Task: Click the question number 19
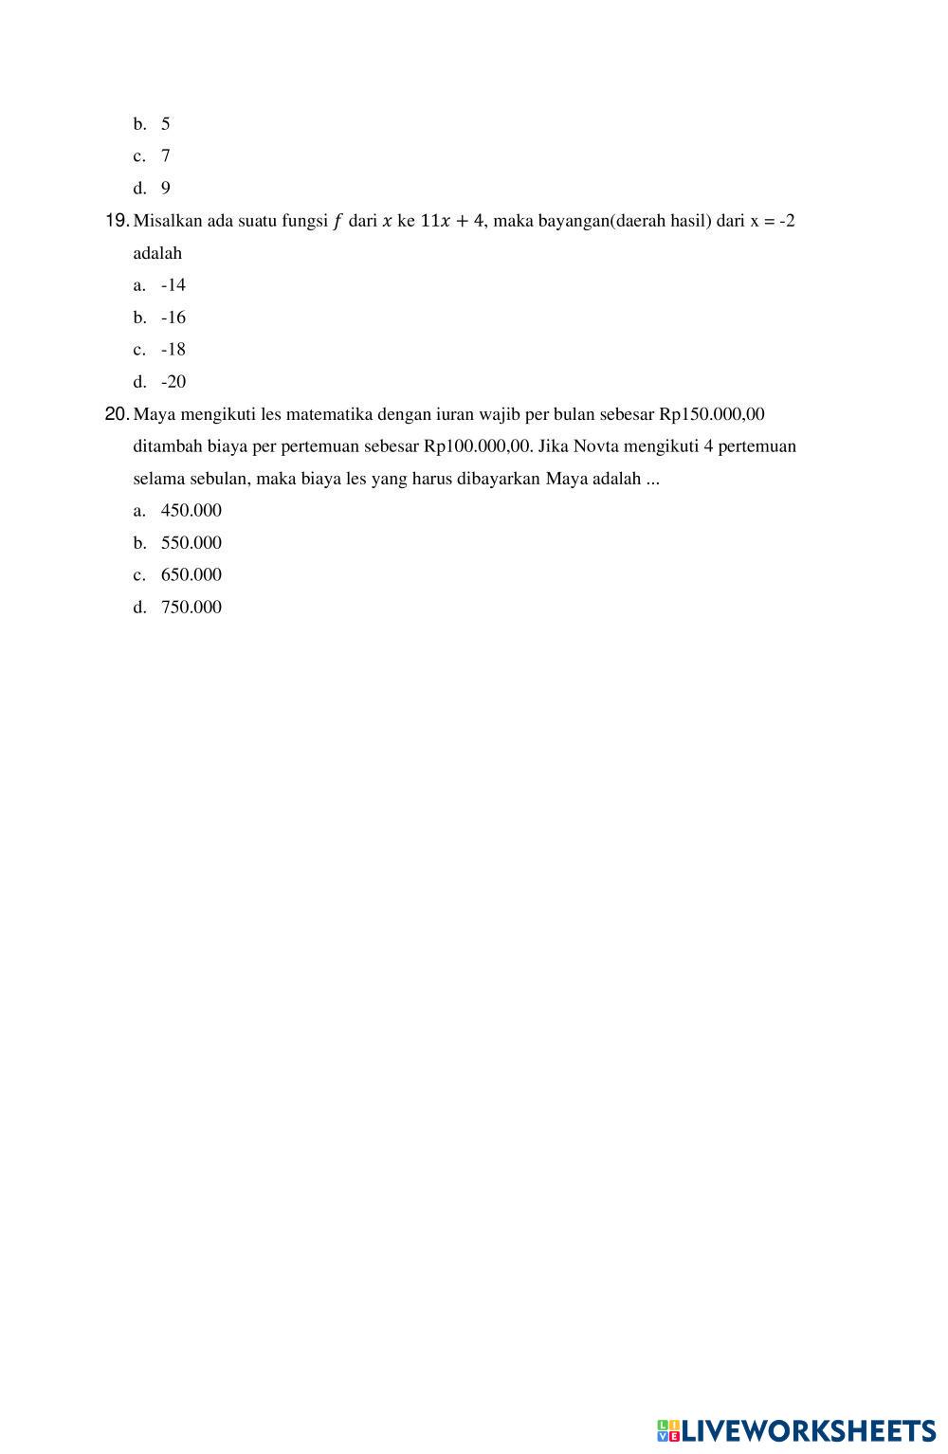(117, 221)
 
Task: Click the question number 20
(117, 414)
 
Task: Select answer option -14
(173, 285)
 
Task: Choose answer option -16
(173, 318)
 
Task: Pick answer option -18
(173, 350)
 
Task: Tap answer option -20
(173, 382)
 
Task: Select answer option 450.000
(191, 511)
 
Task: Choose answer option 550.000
(191, 543)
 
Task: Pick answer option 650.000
(191, 575)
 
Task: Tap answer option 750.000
(191, 608)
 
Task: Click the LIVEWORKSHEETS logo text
(808, 1430)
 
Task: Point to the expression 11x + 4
(451, 221)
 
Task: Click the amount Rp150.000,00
(711, 414)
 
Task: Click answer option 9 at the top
(166, 189)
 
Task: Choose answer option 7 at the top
(166, 156)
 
